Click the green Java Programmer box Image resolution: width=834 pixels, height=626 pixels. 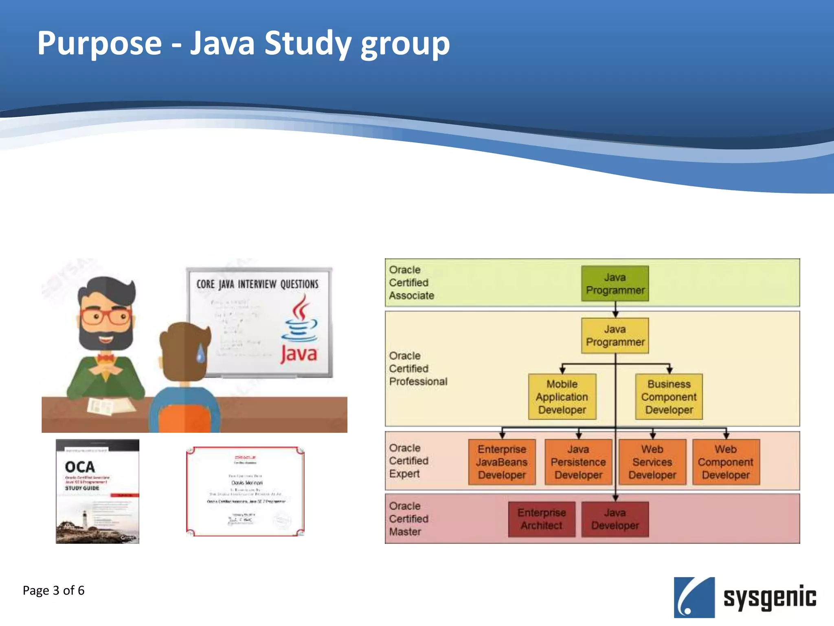click(x=615, y=284)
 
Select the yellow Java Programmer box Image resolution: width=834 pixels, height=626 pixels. click(x=615, y=335)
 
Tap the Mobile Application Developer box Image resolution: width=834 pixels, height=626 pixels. click(x=562, y=397)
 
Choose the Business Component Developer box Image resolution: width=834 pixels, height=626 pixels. click(x=669, y=397)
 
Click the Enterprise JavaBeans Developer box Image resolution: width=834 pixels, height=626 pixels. click(x=502, y=462)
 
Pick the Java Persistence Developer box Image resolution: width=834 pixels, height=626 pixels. click(x=578, y=462)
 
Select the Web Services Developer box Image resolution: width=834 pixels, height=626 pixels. click(x=652, y=462)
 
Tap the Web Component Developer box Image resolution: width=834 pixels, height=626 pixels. click(x=726, y=462)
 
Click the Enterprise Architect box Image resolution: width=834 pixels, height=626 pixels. click(x=542, y=519)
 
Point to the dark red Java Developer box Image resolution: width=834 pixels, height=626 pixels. click(x=615, y=519)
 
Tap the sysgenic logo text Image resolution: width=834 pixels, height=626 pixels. click(x=769, y=597)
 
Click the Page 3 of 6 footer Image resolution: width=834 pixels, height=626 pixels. click(x=53, y=591)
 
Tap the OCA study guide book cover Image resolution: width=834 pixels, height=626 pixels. click(x=97, y=491)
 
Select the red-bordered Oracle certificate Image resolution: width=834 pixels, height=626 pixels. click(x=245, y=491)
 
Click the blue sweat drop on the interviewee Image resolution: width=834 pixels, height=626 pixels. click(x=201, y=353)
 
